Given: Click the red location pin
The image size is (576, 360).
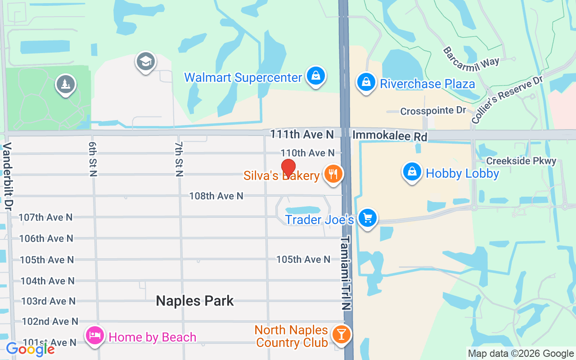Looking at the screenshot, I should tap(288, 169).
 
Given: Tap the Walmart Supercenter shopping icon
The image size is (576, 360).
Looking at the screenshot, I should tap(316, 76).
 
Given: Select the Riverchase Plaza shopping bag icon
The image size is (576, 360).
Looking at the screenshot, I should tap(366, 82).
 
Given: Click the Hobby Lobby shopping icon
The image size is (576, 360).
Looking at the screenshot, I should tap(412, 172).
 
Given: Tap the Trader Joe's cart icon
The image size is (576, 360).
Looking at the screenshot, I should tap(368, 218).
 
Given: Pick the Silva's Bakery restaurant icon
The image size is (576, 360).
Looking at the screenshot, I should tap(333, 174).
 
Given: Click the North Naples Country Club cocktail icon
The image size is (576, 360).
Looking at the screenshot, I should tap(342, 334).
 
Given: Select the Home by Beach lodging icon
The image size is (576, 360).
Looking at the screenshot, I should tap(95, 336).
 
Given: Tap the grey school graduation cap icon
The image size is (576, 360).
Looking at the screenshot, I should tap(145, 62).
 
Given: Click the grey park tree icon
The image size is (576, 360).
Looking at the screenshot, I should tap(66, 84).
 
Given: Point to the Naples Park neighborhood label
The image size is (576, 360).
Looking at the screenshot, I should tap(195, 301).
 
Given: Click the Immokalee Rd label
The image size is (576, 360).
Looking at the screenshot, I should tap(390, 135).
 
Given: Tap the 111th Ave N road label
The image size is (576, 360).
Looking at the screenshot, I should tap(302, 135).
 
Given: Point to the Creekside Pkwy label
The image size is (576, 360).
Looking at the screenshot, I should tap(521, 161).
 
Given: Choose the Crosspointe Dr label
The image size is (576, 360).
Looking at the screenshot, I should tap(433, 111).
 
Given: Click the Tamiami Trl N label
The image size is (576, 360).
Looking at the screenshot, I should tap(346, 273).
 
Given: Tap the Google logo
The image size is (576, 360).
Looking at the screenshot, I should tap(30, 349).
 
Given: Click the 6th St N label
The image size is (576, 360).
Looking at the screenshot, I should tap(93, 159).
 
